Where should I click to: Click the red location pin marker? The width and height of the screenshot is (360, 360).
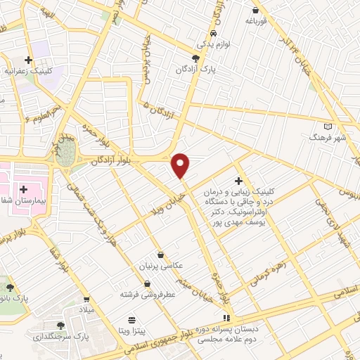(x=181, y=165)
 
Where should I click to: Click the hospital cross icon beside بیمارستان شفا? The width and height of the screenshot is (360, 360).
(x=25, y=188)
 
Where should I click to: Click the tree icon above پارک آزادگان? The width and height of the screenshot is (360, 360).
(x=196, y=58)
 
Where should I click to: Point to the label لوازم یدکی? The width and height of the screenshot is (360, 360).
(x=213, y=44)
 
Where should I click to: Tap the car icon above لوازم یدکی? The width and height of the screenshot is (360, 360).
(x=213, y=33)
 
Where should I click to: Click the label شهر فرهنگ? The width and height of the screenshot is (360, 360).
(x=328, y=138)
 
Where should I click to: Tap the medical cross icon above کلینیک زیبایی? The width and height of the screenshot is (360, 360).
(x=238, y=181)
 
